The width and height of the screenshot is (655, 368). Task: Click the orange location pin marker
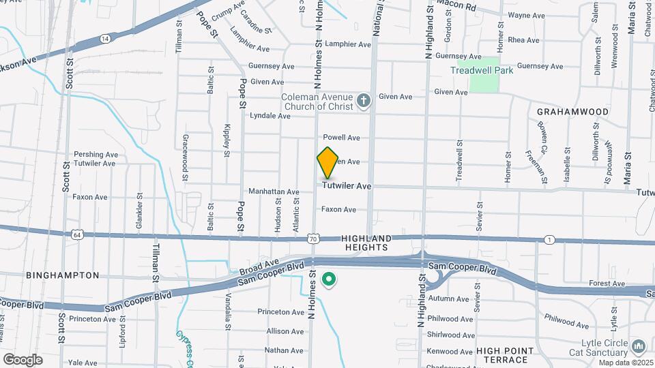pyautogui.click(x=327, y=163)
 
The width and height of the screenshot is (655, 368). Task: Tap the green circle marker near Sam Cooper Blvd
pyautogui.click(x=330, y=279)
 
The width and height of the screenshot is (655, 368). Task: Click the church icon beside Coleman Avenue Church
pyautogui.click(x=364, y=101)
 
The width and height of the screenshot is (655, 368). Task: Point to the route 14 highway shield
pyautogui.click(x=104, y=40)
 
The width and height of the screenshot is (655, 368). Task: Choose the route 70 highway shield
pyautogui.click(x=312, y=239)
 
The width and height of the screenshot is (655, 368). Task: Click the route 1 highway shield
pyautogui.click(x=549, y=239)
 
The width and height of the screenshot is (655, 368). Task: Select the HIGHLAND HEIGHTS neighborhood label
pyautogui.click(x=366, y=243)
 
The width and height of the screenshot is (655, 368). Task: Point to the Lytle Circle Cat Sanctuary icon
pyautogui.click(x=639, y=347)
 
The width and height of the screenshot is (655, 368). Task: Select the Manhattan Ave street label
pyautogui.click(x=274, y=191)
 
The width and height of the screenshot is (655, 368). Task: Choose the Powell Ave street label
pyautogui.click(x=341, y=138)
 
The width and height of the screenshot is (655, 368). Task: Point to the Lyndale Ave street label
pyautogui.click(x=270, y=116)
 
